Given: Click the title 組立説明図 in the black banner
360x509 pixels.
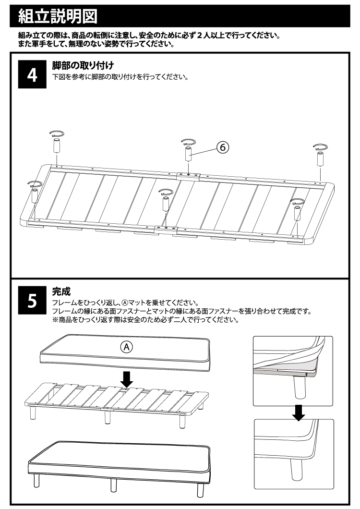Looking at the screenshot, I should point(57,17).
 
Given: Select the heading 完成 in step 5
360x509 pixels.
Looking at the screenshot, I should point(61,291).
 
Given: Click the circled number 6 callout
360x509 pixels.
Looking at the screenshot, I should point(222,147).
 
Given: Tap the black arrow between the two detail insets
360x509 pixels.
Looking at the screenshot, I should point(299,412).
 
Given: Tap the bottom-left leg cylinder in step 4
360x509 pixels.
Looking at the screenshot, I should point(35,196).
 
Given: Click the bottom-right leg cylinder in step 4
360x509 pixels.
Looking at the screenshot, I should point(297,212).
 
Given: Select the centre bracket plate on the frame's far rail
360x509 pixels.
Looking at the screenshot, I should point(189,175).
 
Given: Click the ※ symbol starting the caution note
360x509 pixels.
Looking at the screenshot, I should point(55,320).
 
